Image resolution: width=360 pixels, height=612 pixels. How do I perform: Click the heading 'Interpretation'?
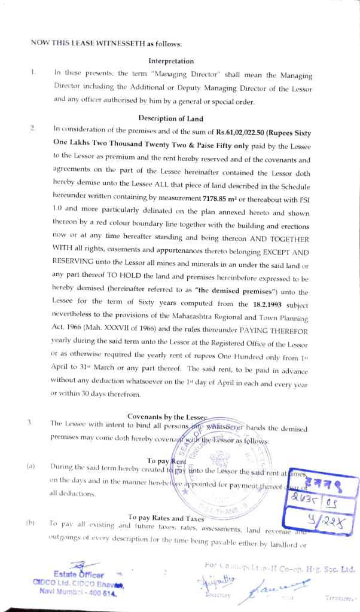coord(171,61)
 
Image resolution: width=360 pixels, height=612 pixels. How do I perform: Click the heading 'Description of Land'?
coord(171,118)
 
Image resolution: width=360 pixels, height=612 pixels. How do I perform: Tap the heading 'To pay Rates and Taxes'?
coord(166,518)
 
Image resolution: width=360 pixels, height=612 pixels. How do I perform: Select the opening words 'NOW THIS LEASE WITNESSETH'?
coord(90,43)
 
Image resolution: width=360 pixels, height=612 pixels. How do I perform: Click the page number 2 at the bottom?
coord(164,572)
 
